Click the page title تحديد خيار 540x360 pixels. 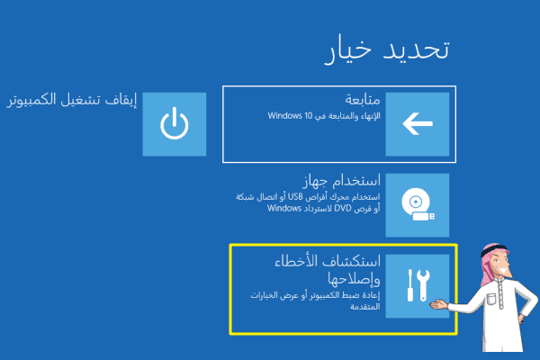pos(387,50)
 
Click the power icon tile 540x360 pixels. pos(175,124)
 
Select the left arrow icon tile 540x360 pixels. pos(418,124)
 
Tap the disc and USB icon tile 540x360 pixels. pos(418,205)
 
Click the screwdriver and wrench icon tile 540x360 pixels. pos(418,286)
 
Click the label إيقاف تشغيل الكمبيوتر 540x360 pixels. pos(72,100)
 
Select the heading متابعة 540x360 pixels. pos(363,100)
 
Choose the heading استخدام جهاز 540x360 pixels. pos(342,181)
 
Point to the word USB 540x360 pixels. pos(295,197)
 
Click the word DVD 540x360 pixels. pos(343,209)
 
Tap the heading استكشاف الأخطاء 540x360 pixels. pos(328,262)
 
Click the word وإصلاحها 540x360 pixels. pos(354,279)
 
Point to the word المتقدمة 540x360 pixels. pos(365,307)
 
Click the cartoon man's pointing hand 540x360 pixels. pos(438,304)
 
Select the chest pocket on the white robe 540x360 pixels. pos(491,298)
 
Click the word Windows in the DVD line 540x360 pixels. pos(284,209)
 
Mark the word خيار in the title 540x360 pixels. pos(348,51)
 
